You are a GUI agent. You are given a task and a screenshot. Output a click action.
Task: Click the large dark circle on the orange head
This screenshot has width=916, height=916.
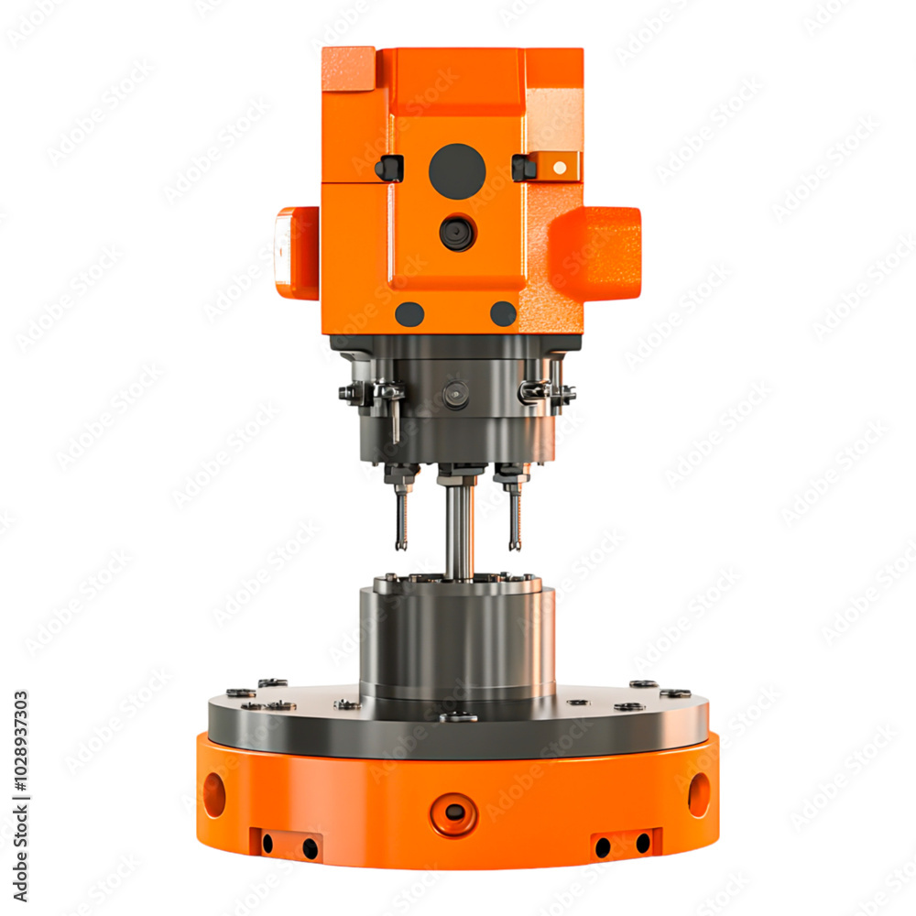(457, 171)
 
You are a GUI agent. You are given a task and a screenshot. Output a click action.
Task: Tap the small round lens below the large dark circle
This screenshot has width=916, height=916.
(457, 233)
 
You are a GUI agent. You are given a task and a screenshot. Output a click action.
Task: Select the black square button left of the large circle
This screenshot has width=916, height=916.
(389, 169)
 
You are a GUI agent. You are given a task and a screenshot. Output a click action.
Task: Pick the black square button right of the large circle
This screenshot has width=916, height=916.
(524, 168)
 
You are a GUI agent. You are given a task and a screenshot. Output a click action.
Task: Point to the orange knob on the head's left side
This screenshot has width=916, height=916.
(297, 253)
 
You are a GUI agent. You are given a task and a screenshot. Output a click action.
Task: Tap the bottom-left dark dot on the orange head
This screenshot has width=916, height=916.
(409, 314)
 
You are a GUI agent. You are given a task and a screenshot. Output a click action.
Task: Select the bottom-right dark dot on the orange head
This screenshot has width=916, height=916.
(503, 314)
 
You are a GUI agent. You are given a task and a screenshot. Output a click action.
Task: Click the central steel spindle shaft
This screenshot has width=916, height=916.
(459, 531)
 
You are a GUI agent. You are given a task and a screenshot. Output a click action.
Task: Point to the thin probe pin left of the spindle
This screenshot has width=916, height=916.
(401, 518)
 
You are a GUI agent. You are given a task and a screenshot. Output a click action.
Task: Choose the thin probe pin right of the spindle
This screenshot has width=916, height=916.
(515, 518)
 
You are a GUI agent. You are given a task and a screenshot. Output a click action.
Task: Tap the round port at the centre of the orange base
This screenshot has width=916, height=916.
(454, 812)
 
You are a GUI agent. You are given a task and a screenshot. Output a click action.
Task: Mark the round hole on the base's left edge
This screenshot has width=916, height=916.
(214, 795)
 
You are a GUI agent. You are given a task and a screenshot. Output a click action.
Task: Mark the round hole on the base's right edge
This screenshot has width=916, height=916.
(699, 795)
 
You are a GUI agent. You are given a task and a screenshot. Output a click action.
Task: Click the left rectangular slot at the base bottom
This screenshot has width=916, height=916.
(288, 844)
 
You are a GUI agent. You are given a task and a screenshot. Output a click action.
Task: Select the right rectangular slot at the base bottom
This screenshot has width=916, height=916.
(625, 844)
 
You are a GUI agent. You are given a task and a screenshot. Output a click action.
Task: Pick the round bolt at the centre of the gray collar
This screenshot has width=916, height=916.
(455, 395)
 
